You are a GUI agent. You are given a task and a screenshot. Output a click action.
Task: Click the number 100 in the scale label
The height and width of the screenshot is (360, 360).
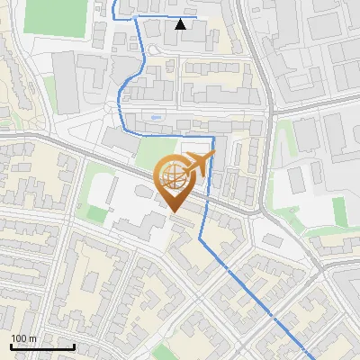tap(19, 339)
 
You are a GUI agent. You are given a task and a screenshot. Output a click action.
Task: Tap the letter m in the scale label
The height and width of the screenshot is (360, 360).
tap(32, 339)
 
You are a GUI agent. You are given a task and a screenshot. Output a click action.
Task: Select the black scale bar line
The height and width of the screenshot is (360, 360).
tap(42, 346)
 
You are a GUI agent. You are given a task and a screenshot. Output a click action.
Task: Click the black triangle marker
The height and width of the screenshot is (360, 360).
tap(181, 24)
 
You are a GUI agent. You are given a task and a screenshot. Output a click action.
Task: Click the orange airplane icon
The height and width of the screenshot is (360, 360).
tap(201, 163)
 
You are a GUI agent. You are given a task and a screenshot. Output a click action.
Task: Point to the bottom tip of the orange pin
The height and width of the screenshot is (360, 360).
tap(173, 212)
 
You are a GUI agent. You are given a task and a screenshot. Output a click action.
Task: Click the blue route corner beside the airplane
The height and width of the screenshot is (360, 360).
tap(213, 138)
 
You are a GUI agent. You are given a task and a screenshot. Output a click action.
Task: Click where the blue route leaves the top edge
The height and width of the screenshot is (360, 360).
tap(114, 2)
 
